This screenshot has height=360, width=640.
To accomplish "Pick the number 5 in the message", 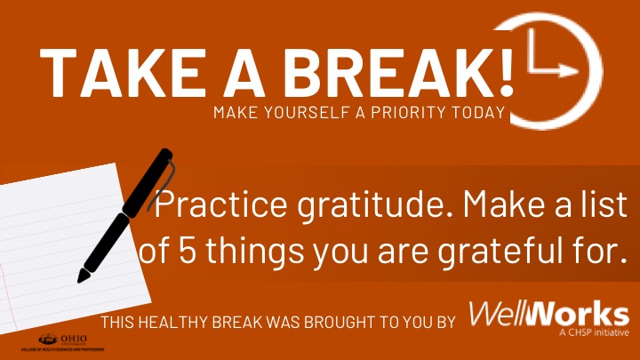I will pos(175,252).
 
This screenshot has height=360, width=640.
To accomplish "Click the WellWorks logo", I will pos(548,316).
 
